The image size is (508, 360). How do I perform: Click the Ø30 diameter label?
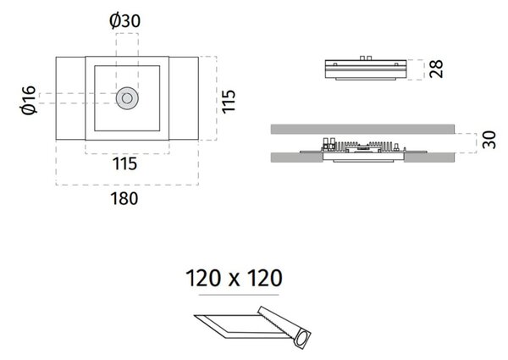[x=125, y=21]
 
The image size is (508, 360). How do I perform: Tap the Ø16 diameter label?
[x=28, y=100]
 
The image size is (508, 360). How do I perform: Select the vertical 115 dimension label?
[x=229, y=101]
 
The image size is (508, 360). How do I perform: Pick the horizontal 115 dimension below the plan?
[x=124, y=163]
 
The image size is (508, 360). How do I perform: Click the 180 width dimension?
[x=124, y=198]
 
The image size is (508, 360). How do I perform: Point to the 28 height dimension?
[x=436, y=69]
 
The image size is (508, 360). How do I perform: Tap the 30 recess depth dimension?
[x=489, y=140]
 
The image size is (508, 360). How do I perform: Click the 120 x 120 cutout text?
[x=234, y=278]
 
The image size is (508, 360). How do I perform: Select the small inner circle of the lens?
[x=127, y=98]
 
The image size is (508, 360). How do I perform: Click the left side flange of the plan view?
[x=70, y=98]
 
